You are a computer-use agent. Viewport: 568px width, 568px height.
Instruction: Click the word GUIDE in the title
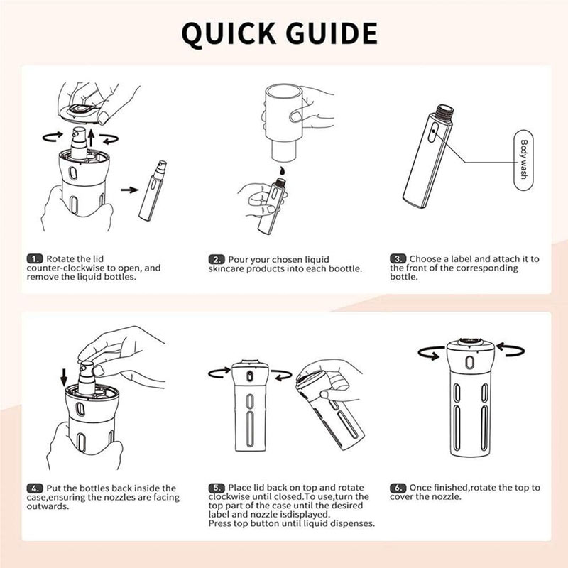[x=332, y=33]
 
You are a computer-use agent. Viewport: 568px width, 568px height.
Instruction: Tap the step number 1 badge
[x=34, y=259]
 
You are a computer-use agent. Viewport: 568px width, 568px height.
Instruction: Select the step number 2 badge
[x=217, y=260]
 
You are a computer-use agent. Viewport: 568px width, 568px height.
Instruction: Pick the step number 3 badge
[x=398, y=259]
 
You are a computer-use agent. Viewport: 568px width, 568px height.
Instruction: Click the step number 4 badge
[x=34, y=488]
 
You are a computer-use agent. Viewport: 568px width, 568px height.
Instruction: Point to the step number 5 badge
[x=217, y=488]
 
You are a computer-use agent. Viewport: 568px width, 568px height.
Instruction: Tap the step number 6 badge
[x=398, y=488]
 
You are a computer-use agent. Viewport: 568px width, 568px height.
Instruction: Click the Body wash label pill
[x=523, y=160]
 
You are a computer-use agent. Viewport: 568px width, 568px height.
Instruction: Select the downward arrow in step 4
[x=64, y=378]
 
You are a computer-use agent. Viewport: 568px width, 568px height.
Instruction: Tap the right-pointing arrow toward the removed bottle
[x=130, y=190]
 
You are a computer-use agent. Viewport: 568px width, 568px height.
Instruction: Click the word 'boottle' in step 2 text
[x=345, y=269]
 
